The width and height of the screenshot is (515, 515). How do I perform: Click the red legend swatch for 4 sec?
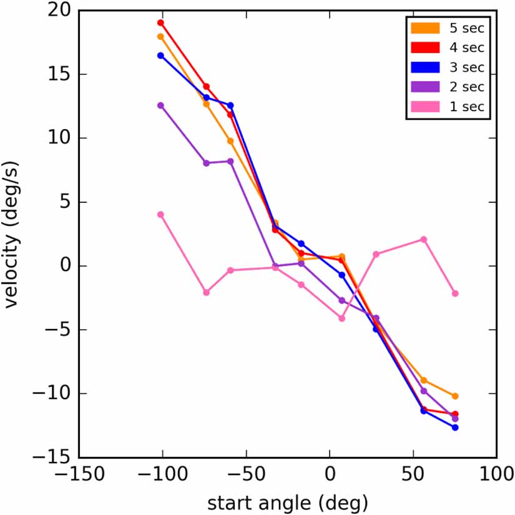click(x=425, y=47)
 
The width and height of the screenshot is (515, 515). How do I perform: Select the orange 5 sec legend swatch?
click(x=425, y=27)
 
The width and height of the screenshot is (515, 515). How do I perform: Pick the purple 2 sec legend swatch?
click(x=425, y=87)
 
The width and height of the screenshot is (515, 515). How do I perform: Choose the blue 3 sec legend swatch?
click(x=425, y=67)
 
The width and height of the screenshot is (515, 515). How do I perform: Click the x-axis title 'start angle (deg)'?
click(x=287, y=501)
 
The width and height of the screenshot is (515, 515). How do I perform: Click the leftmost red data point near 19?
click(x=160, y=22)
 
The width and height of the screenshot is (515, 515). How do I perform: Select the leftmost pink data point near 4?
click(x=160, y=214)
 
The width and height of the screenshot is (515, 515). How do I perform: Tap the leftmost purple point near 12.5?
click(x=160, y=105)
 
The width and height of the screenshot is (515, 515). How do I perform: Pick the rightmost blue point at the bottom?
click(x=455, y=428)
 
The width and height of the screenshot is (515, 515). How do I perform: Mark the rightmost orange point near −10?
click(x=455, y=396)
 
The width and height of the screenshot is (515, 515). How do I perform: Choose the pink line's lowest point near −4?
click(x=342, y=318)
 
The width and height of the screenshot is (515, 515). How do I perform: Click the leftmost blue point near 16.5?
click(x=160, y=56)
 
